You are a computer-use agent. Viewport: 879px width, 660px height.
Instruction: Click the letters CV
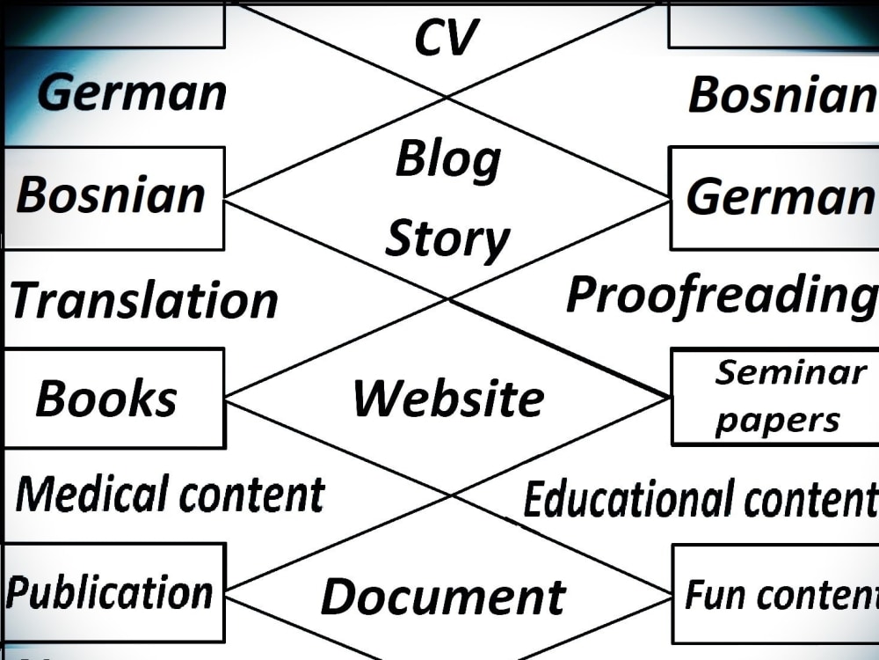[x=447, y=37]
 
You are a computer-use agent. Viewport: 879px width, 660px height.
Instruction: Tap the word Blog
[x=448, y=160]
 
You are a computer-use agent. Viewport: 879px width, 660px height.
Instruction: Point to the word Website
[x=448, y=398]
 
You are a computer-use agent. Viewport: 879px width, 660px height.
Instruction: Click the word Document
[x=443, y=596]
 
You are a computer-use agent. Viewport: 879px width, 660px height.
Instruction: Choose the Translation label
[x=144, y=300]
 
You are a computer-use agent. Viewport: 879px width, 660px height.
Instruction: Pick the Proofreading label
[x=722, y=297]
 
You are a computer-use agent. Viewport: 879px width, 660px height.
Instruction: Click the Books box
[x=113, y=398]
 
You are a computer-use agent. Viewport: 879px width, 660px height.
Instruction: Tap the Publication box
[x=113, y=592]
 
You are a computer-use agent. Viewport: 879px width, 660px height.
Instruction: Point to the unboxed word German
[x=132, y=92]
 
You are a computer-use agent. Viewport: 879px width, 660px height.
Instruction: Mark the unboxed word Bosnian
[x=782, y=94]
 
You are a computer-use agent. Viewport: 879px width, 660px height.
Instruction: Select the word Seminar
[x=790, y=372]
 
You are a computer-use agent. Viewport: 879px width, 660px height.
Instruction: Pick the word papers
[x=778, y=421]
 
